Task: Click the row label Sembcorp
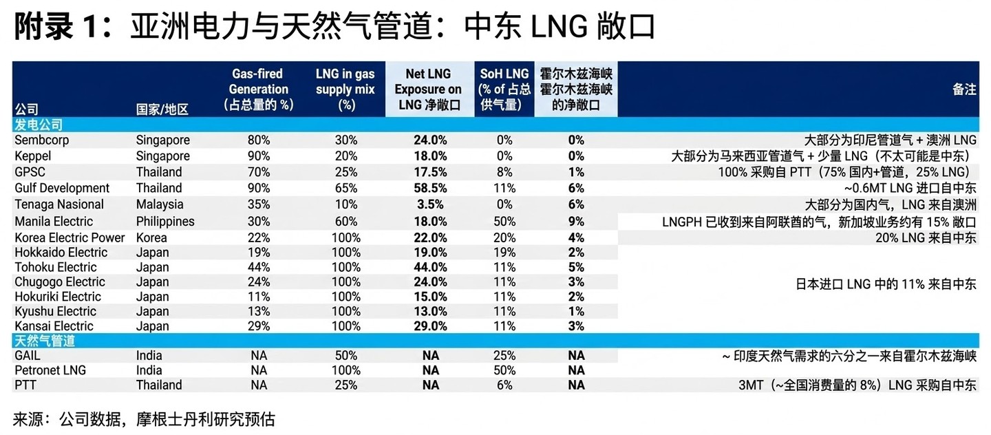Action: (x=42, y=140)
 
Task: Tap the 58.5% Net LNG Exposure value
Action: (x=430, y=188)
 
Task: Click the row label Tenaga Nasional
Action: (x=59, y=204)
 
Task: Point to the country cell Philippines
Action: (x=165, y=222)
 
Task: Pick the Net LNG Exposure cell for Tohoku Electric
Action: (x=430, y=267)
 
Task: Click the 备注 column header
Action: (x=964, y=89)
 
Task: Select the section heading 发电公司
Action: (x=39, y=125)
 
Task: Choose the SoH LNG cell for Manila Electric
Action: (x=504, y=222)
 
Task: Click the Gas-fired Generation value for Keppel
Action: (x=259, y=156)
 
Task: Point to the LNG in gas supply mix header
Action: (x=345, y=89)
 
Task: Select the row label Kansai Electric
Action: (x=54, y=326)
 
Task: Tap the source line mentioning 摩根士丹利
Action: (x=144, y=418)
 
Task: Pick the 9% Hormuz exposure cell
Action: (x=576, y=222)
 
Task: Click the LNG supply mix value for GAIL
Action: (x=345, y=356)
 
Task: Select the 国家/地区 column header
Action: (x=162, y=109)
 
